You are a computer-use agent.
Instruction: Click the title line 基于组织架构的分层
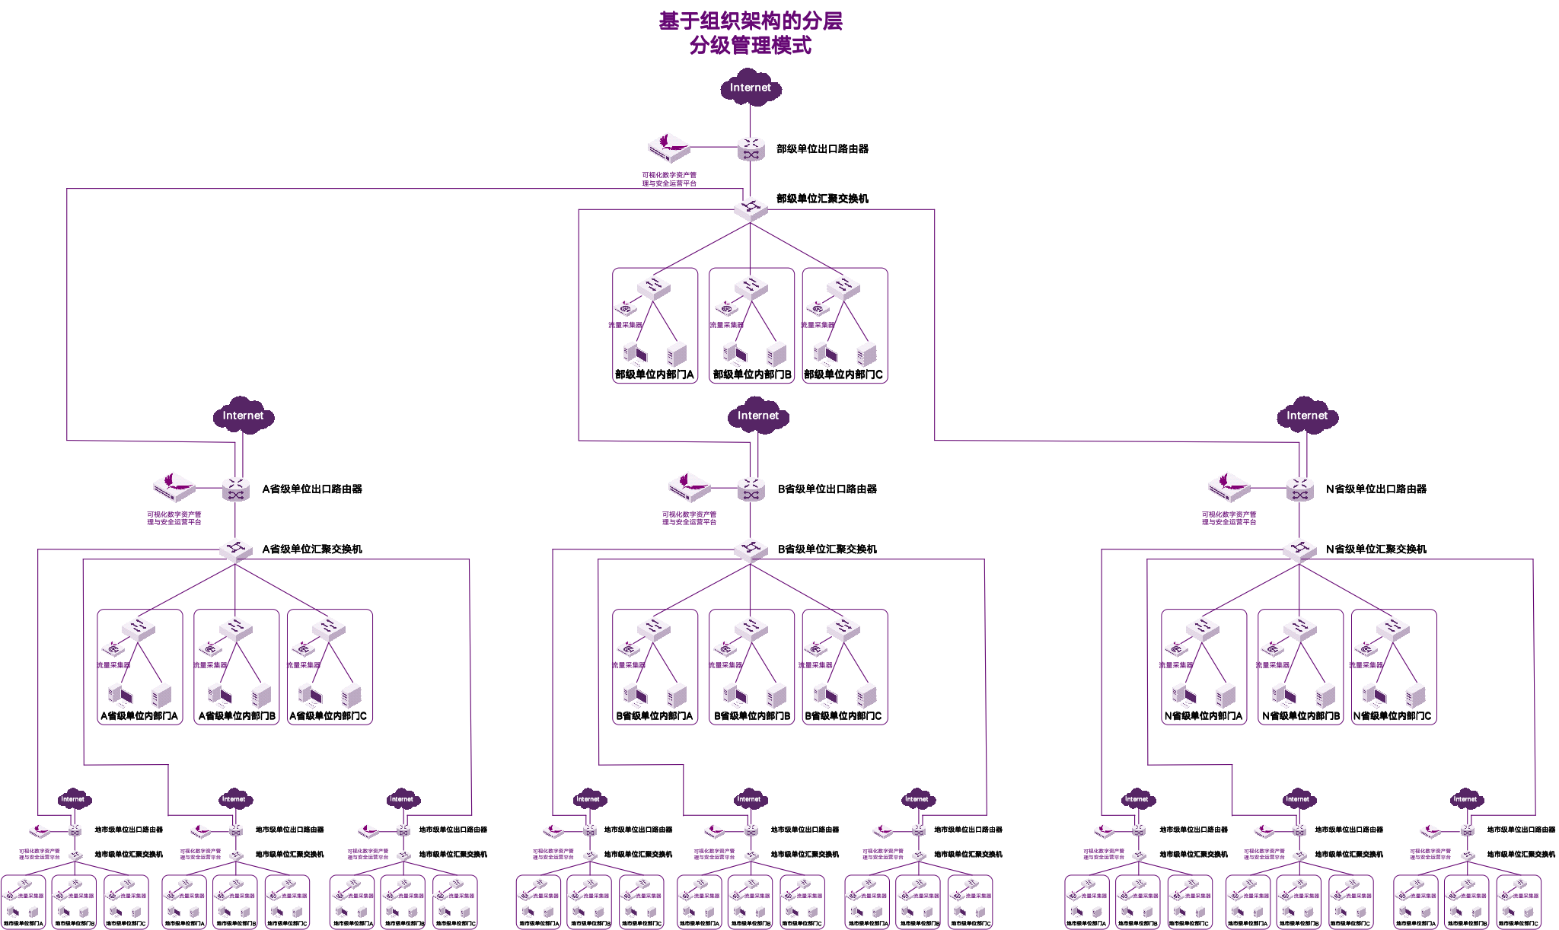pos(751,21)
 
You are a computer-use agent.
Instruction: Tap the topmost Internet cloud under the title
pos(751,88)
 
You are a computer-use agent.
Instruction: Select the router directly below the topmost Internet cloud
pos(751,148)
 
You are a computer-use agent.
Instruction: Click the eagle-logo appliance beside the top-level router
pos(668,148)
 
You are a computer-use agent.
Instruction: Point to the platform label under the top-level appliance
pos(668,179)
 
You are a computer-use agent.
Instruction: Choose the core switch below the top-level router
pos(751,209)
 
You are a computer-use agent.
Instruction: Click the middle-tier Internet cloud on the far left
pos(243,416)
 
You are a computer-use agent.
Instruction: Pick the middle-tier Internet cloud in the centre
pos(758,416)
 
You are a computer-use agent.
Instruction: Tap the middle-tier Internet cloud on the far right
pos(1307,416)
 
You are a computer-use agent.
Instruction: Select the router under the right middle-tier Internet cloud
pos(1299,489)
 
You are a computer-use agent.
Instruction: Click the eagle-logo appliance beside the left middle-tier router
pos(174,487)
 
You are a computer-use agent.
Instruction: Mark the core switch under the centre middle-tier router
pos(751,550)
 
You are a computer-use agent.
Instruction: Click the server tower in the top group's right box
pos(866,354)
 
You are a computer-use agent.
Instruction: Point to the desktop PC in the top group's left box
pos(635,354)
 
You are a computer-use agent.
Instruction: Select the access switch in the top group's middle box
pos(751,287)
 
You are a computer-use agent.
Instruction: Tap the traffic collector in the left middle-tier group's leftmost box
pos(113,649)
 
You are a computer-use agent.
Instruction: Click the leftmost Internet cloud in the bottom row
pos(73,798)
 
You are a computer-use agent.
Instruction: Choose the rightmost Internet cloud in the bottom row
pos(1465,798)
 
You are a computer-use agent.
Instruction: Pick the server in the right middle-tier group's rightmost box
pos(1415,696)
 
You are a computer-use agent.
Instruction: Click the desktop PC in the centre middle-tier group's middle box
pos(734,695)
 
